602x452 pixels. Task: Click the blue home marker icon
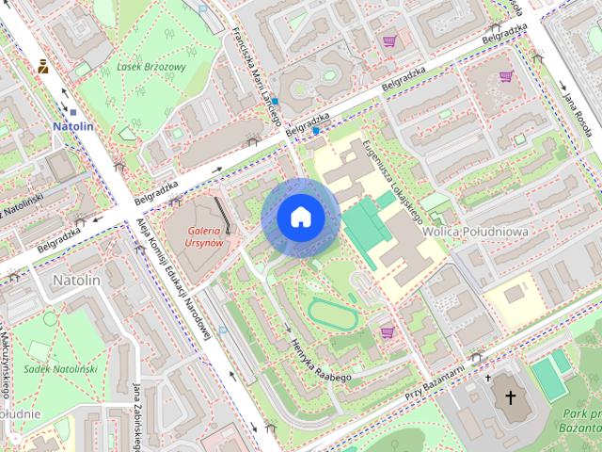tap(300, 217)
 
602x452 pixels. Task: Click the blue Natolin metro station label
tap(73, 125)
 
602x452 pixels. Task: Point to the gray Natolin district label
tap(76, 280)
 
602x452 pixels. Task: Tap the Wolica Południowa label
tap(475, 231)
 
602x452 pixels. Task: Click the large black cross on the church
tap(511, 397)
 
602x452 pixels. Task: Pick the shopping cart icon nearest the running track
tap(387, 332)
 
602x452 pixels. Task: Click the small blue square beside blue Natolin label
tap(73, 112)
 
